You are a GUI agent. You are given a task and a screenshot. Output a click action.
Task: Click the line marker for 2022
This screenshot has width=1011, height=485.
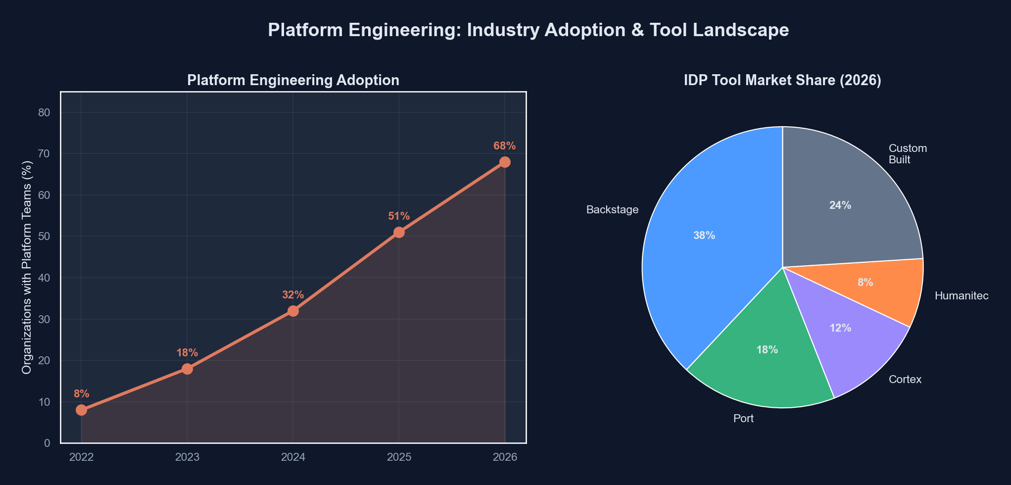pyautogui.click(x=82, y=410)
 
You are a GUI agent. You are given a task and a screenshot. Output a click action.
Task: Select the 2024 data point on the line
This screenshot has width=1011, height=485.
pyautogui.click(x=293, y=311)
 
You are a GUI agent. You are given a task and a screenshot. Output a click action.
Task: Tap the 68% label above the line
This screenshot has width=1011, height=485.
pyautogui.click(x=504, y=146)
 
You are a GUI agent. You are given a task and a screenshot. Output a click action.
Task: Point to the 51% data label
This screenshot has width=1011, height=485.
pyautogui.click(x=399, y=216)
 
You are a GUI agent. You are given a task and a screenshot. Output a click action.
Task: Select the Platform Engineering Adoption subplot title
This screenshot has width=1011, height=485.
pyautogui.click(x=293, y=81)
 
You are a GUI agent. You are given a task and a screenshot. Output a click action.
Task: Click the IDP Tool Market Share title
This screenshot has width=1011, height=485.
pyautogui.click(x=782, y=81)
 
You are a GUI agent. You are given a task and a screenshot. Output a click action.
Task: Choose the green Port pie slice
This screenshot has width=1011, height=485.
pyautogui.click(x=762, y=366)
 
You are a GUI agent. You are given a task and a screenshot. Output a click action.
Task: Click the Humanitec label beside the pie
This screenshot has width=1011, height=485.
pyautogui.click(x=961, y=296)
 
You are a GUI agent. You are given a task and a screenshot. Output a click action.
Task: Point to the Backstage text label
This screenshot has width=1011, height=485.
pyautogui.click(x=612, y=210)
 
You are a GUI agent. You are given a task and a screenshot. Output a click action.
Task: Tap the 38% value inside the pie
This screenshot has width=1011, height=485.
pyautogui.click(x=704, y=236)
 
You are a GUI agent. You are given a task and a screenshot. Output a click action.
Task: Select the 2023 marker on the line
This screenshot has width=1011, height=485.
pyautogui.click(x=187, y=369)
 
